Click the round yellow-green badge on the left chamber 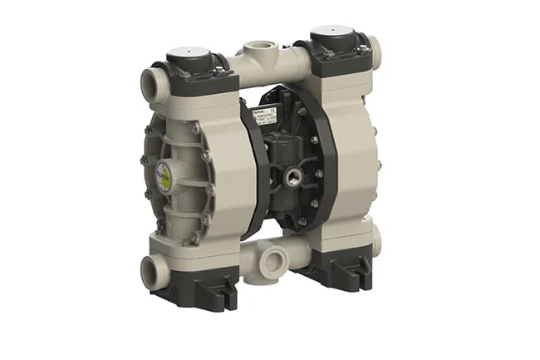(164, 176)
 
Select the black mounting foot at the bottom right (334, 272)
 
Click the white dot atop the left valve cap (187, 52)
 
